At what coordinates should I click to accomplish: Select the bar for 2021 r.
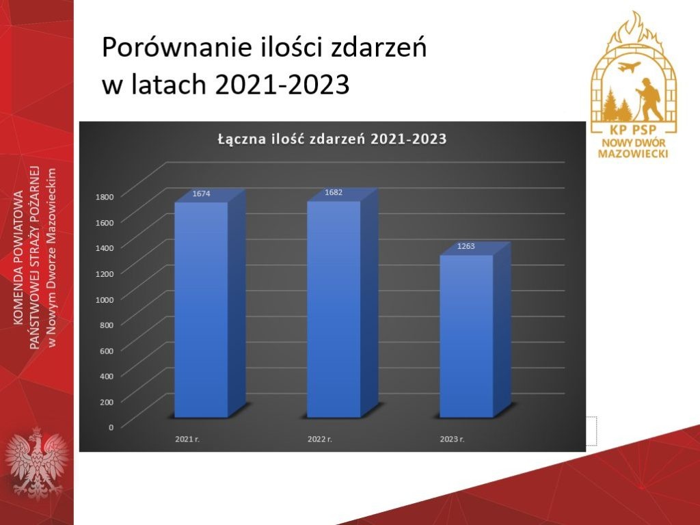(202, 310)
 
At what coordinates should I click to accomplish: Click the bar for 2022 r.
(334, 309)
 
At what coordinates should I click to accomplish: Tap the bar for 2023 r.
(466, 336)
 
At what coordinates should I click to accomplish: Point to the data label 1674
(202, 193)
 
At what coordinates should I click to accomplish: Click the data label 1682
(334, 192)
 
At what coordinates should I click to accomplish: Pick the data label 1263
(466, 246)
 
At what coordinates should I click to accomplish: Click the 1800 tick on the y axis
(105, 196)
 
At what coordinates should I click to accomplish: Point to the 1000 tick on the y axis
(105, 299)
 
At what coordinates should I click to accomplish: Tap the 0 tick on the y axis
(111, 427)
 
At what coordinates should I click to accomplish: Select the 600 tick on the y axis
(107, 351)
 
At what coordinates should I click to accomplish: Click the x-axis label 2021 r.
(187, 440)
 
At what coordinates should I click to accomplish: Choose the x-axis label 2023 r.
(453, 440)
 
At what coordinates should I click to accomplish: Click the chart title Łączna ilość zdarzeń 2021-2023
(332, 139)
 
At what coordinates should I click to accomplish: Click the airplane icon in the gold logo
(629, 67)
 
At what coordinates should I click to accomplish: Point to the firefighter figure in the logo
(648, 99)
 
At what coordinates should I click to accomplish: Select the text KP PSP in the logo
(634, 129)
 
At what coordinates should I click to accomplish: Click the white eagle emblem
(37, 463)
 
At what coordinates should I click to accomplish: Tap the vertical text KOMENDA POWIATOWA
(18, 257)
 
